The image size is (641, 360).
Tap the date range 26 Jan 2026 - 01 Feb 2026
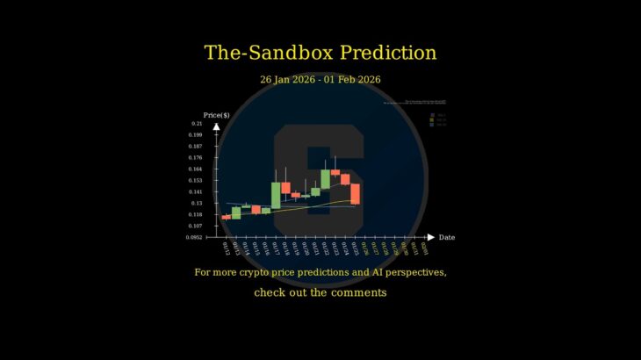[x=320, y=80]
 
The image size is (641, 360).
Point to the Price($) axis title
[x=216, y=115]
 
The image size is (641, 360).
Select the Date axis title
[x=447, y=237]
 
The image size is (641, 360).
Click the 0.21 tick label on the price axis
[x=196, y=124]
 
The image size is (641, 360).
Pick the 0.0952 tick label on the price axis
[x=194, y=237]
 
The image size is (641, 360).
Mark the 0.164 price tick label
[x=195, y=169]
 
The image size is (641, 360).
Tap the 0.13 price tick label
[x=197, y=203]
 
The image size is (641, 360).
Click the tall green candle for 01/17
[x=276, y=195]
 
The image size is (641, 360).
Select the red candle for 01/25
[x=355, y=193]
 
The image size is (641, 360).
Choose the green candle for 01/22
[x=325, y=179]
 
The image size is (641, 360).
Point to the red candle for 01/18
[x=285, y=187]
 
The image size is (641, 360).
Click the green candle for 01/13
[x=236, y=212]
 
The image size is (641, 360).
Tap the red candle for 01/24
[x=345, y=179]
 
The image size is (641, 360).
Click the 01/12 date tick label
[x=227, y=248]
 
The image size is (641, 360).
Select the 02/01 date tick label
[x=425, y=248]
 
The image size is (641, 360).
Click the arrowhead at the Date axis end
[x=430, y=237]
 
